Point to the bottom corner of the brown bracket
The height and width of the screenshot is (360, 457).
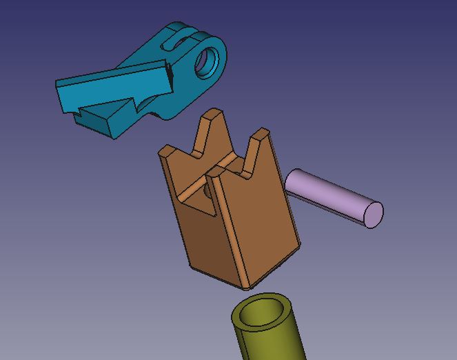(251, 285)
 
